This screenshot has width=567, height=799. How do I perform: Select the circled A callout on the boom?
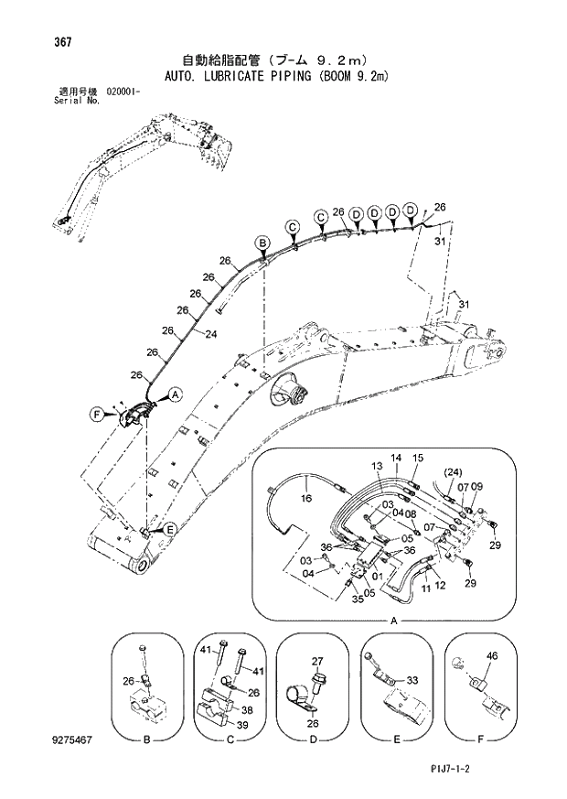[x=176, y=394]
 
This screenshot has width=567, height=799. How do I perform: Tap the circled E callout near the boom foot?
[x=169, y=528]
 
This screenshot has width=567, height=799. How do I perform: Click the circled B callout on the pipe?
[x=262, y=243]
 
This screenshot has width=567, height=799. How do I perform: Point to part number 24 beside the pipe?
[x=210, y=334]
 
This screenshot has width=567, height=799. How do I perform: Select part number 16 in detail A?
[x=305, y=499]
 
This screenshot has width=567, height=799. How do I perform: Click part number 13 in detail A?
[x=376, y=466]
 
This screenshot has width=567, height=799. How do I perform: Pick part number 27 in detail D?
[x=317, y=660]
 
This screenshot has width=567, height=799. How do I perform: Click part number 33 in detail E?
[x=412, y=680]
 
